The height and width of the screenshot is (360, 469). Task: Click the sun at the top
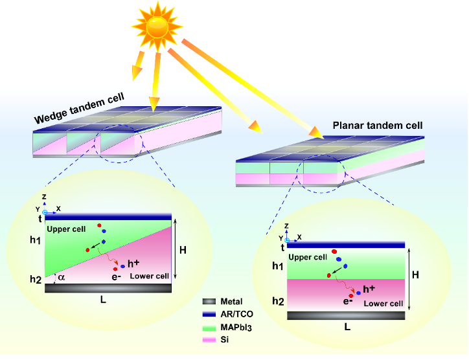157,27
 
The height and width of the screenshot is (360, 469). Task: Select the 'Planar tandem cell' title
377,125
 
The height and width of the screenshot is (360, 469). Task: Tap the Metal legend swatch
209,302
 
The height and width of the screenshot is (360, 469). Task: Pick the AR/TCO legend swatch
209,314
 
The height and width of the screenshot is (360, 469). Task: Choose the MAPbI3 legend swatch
209,327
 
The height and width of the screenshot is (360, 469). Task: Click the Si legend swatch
209,339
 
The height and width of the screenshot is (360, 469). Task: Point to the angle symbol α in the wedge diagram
62,277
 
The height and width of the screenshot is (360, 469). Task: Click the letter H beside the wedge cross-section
183,250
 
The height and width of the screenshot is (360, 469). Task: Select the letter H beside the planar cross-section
415,275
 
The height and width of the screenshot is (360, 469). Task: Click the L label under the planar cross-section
347,327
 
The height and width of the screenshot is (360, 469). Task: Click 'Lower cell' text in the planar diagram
383,304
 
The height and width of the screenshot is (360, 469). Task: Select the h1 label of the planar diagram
277,265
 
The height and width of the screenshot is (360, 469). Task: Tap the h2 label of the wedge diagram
35,279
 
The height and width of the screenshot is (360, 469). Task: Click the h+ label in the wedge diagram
133,264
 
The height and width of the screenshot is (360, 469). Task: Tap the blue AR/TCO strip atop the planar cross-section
346,244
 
